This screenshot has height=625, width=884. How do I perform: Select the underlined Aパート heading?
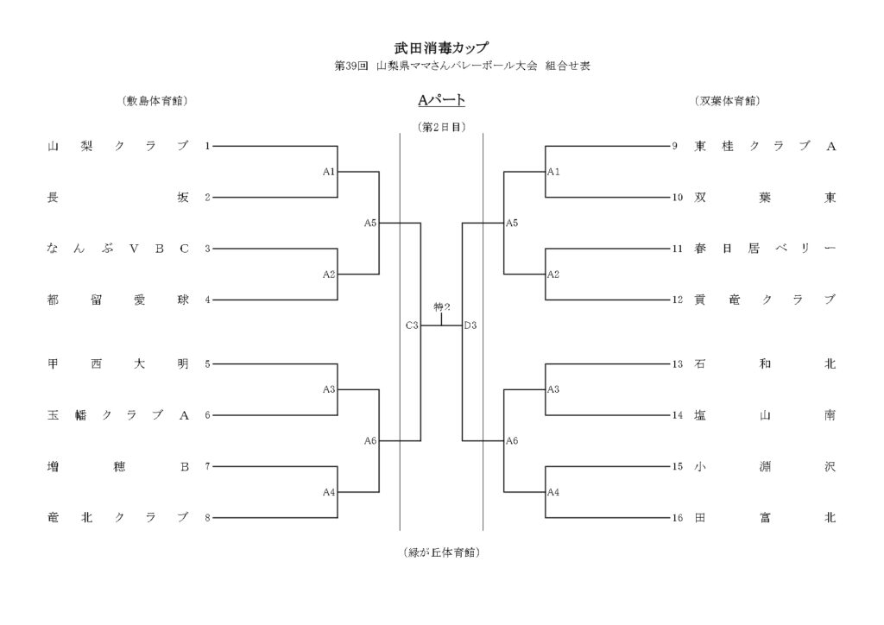441,101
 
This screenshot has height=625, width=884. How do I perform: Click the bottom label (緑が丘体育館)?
441,552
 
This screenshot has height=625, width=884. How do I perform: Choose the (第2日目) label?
441,126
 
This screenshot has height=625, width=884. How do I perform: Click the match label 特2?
442,307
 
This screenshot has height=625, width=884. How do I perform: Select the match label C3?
412,325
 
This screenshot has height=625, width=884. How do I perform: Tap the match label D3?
470,325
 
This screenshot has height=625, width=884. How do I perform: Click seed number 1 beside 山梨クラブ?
207,147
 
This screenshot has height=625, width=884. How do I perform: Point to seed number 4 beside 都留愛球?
207,300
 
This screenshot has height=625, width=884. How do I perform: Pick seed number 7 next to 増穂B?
207,467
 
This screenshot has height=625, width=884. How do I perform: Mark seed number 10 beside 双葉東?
678,198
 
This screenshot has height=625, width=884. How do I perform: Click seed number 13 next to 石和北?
678,364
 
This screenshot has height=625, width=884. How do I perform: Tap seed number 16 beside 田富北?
678,518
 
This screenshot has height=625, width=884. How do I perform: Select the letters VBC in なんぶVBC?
159,249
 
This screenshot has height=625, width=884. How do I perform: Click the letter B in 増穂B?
184,467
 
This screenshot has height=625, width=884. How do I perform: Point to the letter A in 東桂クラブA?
831,147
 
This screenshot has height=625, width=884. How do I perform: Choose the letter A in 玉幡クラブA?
184,415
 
